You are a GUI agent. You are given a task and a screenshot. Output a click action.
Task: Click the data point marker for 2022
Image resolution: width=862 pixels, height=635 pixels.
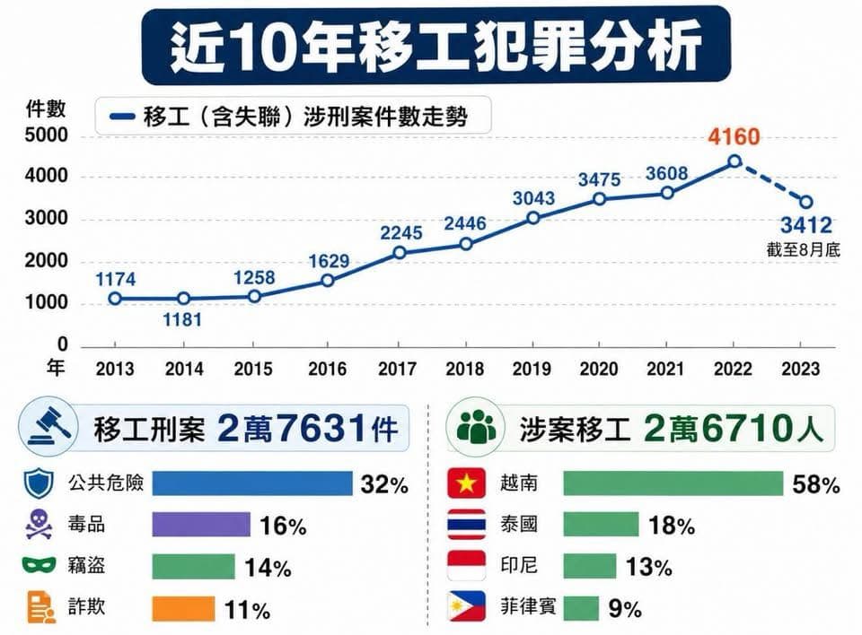coord(734,161)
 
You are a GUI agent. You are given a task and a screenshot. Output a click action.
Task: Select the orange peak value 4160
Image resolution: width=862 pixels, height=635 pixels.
coord(734,136)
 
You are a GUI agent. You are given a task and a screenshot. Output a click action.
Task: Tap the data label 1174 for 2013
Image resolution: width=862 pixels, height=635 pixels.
coord(116,280)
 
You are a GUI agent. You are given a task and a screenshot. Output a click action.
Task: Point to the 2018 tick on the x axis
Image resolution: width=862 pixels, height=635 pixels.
coord(465,369)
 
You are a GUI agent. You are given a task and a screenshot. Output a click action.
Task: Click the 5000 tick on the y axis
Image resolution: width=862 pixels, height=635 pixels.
coord(46,135)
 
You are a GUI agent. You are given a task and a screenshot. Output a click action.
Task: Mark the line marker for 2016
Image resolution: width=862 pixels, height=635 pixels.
coord(327,281)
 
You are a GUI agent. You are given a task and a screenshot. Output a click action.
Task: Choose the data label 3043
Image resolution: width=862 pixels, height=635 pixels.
coord(533,198)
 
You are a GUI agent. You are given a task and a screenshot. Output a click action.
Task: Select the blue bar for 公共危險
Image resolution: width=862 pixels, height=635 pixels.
coord(252,483)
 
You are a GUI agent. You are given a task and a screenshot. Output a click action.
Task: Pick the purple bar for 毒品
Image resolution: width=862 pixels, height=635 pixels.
coord(201,525)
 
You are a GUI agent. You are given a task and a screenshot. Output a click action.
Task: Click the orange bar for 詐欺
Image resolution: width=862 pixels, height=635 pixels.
coord(183,609)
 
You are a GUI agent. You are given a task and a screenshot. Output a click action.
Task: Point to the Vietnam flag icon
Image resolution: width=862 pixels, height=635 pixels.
coord(466,483)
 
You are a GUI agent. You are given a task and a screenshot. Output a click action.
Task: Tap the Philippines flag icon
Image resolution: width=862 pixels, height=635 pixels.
coord(466,606)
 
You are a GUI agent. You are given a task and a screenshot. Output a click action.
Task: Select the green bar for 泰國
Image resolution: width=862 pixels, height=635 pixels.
coord(601,525)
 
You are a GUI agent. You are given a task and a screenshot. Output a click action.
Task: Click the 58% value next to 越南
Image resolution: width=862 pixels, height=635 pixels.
coord(816,485)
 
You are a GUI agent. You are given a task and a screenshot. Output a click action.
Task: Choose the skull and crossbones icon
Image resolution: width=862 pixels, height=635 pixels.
coord(39,524)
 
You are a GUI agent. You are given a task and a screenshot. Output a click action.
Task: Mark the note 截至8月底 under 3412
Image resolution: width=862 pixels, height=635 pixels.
coord(803,250)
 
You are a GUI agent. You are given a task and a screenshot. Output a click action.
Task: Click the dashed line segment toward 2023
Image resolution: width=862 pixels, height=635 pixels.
coord(770,182)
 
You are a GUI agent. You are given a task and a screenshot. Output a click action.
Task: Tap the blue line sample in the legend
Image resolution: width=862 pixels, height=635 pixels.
coord(122,116)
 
